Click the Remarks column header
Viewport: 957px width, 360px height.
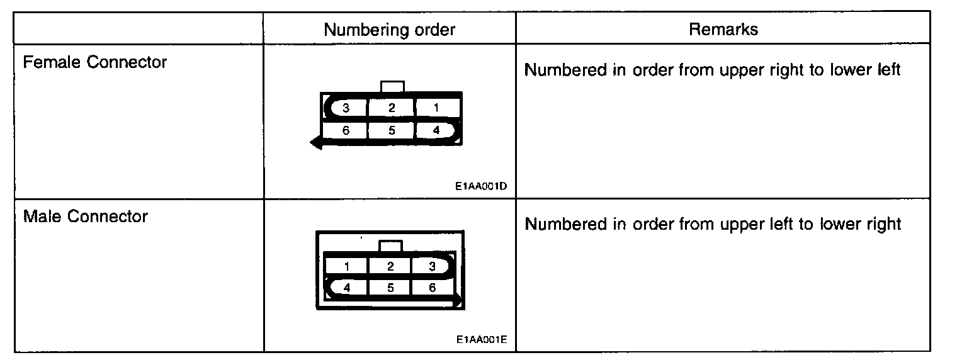723,29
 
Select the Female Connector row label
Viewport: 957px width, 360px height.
95,62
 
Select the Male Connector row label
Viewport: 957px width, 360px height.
86,217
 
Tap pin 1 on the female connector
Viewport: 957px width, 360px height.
436,108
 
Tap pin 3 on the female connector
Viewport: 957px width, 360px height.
346,108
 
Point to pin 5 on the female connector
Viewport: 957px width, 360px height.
391,131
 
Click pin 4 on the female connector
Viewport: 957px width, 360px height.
436,131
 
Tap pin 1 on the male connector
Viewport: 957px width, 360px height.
346,266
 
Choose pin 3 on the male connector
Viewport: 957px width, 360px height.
432,266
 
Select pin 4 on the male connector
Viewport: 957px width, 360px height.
346,288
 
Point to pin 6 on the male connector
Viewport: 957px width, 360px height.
432,288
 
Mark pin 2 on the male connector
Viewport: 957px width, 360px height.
390,266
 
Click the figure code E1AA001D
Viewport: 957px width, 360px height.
482,187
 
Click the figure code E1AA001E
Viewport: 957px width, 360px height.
482,340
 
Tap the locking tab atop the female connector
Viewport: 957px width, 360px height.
393,87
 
